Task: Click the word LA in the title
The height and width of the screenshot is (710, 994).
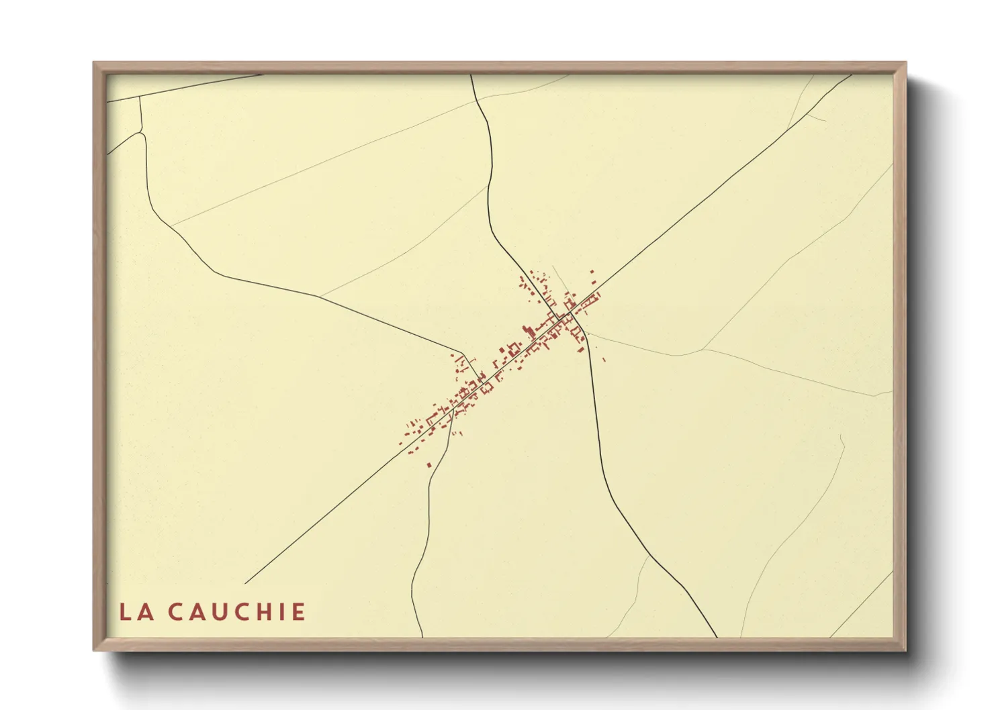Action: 134,612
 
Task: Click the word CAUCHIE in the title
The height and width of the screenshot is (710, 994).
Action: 236,612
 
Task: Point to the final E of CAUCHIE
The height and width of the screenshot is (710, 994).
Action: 299,612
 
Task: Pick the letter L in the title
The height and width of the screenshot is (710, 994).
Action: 126,612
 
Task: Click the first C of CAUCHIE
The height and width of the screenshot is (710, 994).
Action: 175,612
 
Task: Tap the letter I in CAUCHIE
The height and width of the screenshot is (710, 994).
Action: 283,612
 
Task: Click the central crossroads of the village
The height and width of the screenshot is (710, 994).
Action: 570,314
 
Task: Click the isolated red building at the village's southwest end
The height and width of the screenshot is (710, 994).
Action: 429,464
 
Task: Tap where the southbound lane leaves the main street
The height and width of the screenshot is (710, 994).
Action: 453,405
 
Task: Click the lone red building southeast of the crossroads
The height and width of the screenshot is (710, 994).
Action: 603,360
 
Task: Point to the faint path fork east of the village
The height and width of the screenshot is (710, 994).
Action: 703,349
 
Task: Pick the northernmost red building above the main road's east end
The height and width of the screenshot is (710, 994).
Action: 592,272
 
